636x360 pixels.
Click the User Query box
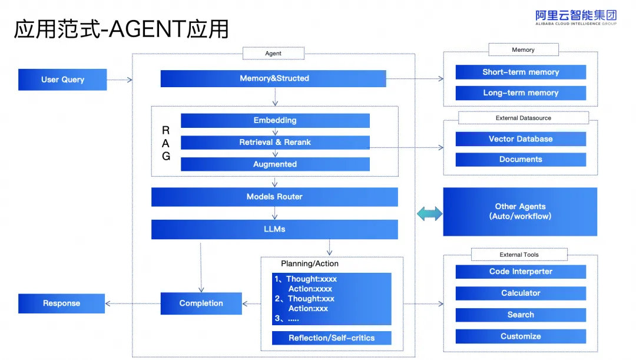[x=62, y=80]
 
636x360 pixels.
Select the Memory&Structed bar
[x=273, y=78]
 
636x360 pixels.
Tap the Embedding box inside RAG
[x=275, y=120]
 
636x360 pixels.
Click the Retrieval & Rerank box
[x=275, y=142]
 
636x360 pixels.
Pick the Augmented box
[x=275, y=164]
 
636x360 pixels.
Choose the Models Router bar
[x=274, y=197]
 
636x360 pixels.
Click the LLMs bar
[x=274, y=229]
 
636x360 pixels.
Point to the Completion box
[x=201, y=303]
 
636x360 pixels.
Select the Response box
[x=61, y=303]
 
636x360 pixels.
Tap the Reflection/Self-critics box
[x=332, y=338]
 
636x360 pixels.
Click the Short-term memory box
[x=521, y=72]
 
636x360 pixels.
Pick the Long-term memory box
[x=521, y=93]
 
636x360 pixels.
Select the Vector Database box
[x=521, y=139]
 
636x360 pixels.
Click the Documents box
[x=521, y=159]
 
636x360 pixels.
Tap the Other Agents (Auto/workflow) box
[x=520, y=212]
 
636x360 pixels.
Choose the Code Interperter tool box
[x=521, y=272]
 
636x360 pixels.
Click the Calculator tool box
[x=521, y=293]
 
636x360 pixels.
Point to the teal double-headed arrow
[x=429, y=214]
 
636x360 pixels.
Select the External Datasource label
[x=523, y=118]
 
